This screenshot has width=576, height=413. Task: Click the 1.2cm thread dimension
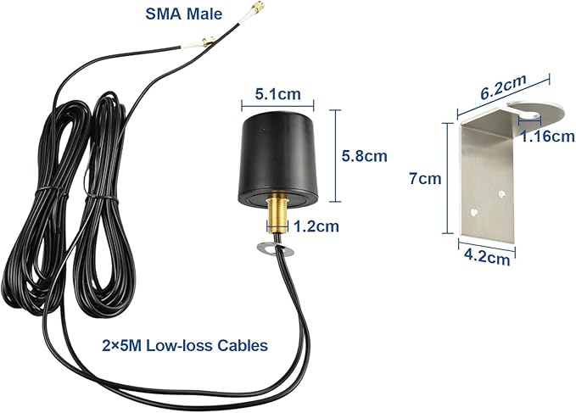pos(315,226)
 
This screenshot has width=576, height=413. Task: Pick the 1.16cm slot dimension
pos(545,137)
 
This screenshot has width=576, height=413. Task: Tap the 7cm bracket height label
pos(423,179)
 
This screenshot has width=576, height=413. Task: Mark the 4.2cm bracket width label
pos(487,255)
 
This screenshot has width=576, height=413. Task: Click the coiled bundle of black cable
pos(76,195)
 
